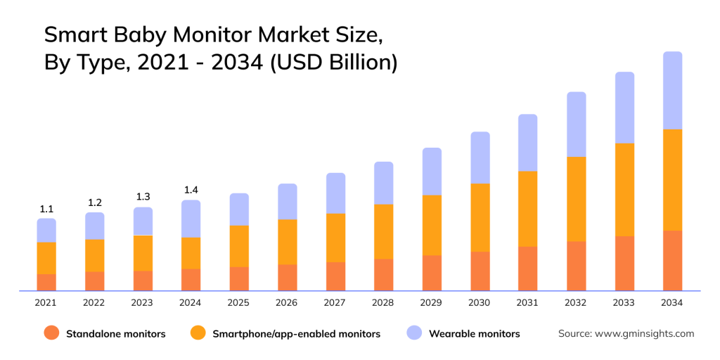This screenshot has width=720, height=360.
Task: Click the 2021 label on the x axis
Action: (x=46, y=302)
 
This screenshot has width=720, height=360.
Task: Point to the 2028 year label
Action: (x=383, y=302)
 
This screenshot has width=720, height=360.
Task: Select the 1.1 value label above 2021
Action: (x=46, y=209)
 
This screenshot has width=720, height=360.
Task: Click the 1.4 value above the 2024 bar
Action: (x=191, y=190)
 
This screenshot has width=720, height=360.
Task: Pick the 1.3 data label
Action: (x=143, y=197)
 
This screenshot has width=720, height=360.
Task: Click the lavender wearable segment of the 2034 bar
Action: (x=673, y=90)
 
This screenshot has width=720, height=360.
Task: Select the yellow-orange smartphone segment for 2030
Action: (x=480, y=217)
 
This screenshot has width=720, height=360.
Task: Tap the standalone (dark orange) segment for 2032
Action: (x=577, y=266)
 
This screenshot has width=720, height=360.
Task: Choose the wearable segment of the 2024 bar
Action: (x=191, y=219)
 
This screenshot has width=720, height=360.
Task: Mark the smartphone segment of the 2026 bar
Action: (x=287, y=242)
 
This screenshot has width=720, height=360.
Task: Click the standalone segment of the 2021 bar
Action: (x=46, y=282)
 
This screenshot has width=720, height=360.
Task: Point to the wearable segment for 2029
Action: (x=432, y=172)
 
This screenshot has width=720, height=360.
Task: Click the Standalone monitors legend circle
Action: (x=51, y=333)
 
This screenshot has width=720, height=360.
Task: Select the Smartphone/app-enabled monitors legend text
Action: (x=296, y=334)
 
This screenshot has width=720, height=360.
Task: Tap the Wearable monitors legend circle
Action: (x=413, y=333)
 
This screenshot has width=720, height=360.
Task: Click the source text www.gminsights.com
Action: (x=644, y=333)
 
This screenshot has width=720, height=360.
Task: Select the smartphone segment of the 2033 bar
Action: (x=624, y=189)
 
